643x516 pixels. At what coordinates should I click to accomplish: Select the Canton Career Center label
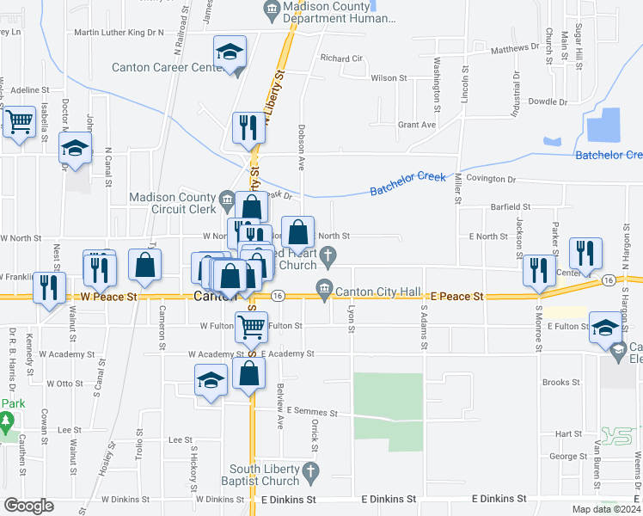[168, 67]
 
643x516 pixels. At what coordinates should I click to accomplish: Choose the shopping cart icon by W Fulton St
[251, 326]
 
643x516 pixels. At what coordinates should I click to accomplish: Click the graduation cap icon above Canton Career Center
[230, 52]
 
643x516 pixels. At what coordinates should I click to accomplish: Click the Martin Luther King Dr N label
[119, 33]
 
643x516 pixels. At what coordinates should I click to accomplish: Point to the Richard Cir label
[341, 58]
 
